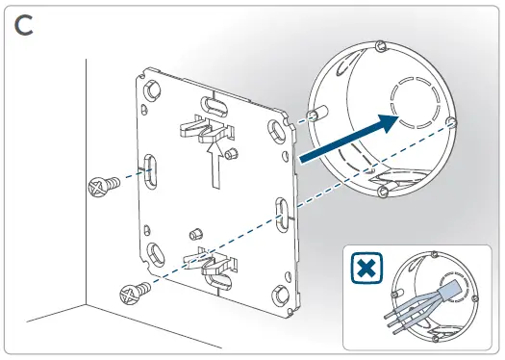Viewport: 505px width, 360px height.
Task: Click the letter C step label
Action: click(x=28, y=26)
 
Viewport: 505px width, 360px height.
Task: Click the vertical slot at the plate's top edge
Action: click(x=210, y=103)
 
